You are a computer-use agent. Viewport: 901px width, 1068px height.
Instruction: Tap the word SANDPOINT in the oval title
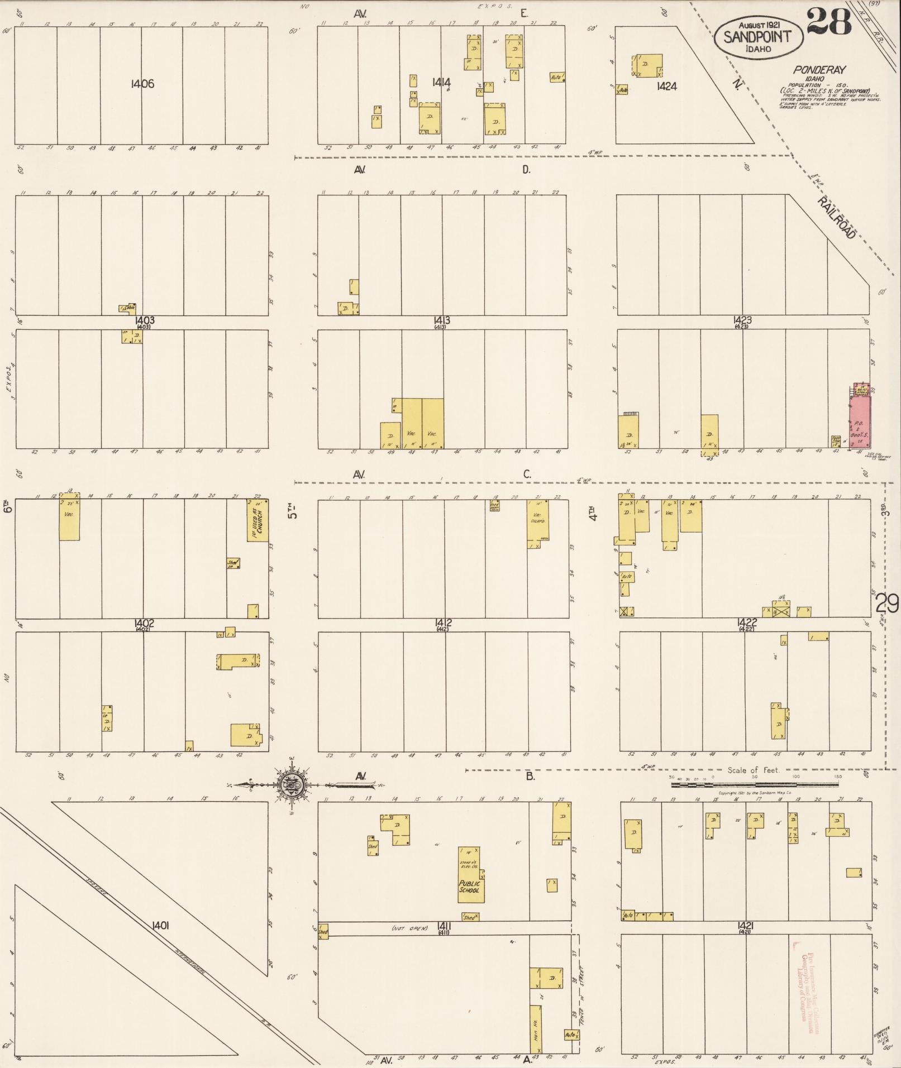[757, 37]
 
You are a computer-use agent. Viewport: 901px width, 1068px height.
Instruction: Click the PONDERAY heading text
[818, 70]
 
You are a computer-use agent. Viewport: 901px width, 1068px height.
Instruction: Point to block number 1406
[142, 84]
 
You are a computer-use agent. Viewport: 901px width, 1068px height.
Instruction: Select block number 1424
[667, 86]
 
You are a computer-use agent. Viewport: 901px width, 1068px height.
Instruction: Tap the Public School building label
[470, 886]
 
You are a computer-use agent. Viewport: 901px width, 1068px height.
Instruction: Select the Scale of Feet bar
[754, 784]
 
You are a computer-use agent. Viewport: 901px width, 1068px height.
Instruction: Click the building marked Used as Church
[258, 520]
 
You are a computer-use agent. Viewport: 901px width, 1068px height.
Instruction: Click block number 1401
[160, 926]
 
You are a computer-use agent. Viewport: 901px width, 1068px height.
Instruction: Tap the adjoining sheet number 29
[886, 604]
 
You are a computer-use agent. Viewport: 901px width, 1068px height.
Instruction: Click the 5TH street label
[292, 509]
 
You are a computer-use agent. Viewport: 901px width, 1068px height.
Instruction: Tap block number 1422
[746, 622]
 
